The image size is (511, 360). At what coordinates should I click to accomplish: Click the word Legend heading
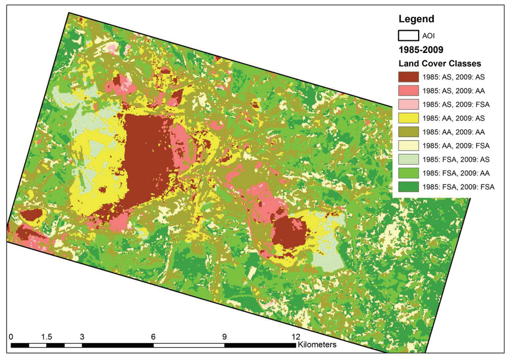click(x=416, y=19)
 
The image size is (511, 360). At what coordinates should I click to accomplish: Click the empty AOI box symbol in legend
click(x=408, y=36)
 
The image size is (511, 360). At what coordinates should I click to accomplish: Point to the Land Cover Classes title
click(x=439, y=64)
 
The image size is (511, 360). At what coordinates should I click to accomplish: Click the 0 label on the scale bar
click(x=11, y=336)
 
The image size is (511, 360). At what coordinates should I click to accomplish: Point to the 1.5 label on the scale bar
click(x=46, y=336)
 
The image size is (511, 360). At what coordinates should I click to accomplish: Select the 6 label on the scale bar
click(x=153, y=336)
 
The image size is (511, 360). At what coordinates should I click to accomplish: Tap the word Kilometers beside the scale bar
click(x=317, y=345)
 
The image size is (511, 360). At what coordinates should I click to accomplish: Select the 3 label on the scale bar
click(x=82, y=336)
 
